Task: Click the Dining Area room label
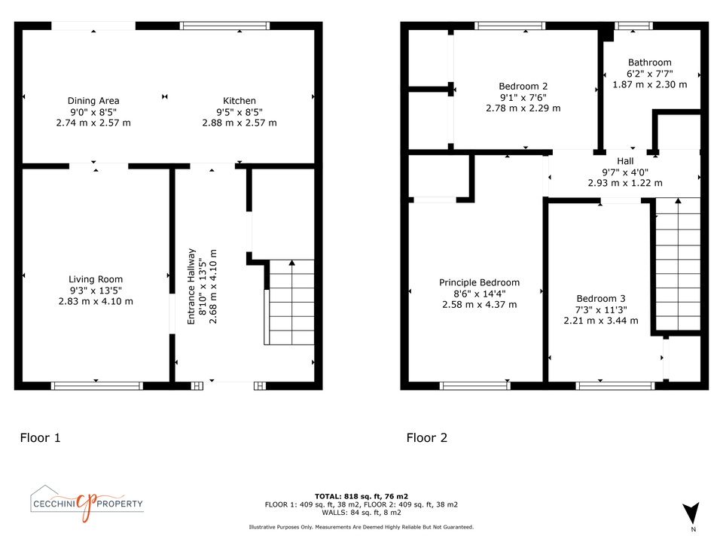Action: [x=93, y=100]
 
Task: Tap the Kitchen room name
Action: [x=239, y=100]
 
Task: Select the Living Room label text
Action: [x=96, y=279]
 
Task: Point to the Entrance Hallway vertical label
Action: [x=191, y=286]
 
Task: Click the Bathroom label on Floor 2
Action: [x=650, y=62]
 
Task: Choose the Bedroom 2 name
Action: [x=523, y=86]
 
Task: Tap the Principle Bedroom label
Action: [x=479, y=282]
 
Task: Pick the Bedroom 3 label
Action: [x=601, y=298]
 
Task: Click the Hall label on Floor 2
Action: [x=625, y=161]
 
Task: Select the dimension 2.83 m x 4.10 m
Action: [x=96, y=301]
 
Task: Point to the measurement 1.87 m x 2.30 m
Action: [x=650, y=84]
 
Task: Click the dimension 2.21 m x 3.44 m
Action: [x=601, y=321]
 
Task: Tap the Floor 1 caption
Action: [x=40, y=437]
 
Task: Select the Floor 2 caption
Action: [x=426, y=437]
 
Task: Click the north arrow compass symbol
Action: [x=691, y=513]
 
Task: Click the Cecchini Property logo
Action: [x=87, y=504]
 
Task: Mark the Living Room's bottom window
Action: [x=97, y=385]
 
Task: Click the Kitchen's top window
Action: [x=224, y=26]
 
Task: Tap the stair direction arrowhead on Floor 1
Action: [x=292, y=263]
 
